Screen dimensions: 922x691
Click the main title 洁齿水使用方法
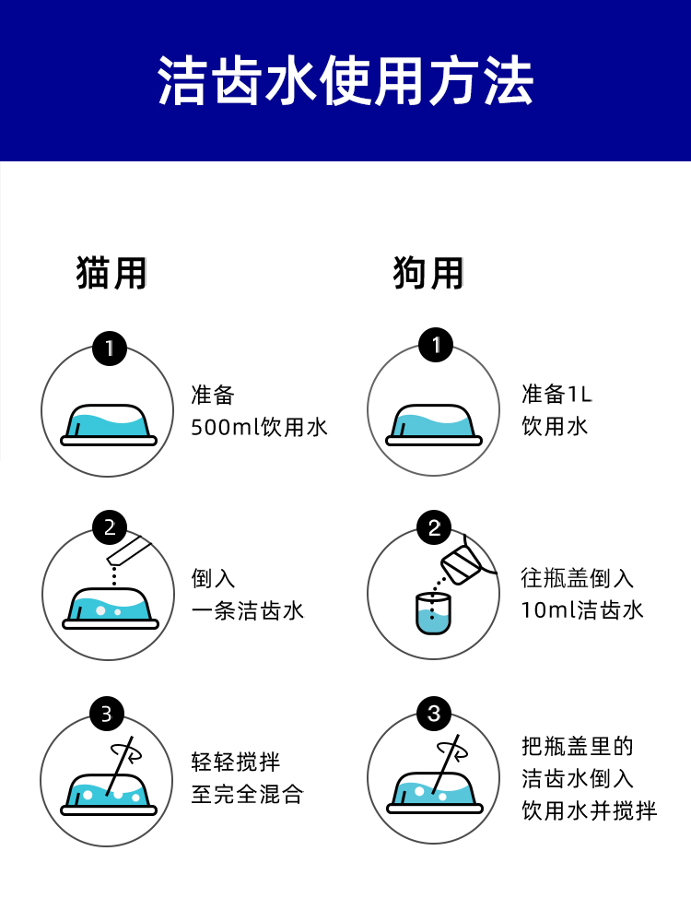point(345,81)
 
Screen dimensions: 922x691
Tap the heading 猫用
point(112,273)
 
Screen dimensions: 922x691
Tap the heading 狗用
point(428,273)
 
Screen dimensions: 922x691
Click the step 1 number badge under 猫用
point(110,349)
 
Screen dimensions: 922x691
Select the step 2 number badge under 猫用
point(110,528)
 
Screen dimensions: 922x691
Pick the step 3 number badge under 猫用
point(107,714)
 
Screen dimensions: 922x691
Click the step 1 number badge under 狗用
point(435,347)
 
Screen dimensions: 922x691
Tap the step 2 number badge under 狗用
point(435,528)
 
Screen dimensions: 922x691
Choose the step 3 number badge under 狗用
point(434,714)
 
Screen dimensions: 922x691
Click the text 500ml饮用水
point(259,427)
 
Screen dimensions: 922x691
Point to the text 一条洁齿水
point(247,610)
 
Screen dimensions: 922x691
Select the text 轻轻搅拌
point(235,762)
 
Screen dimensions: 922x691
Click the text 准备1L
point(556,395)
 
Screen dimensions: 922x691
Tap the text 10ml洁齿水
point(581,610)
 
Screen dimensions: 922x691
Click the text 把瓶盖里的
point(577,746)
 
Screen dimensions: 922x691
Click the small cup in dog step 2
point(432,612)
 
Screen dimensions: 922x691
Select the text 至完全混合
point(247,795)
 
